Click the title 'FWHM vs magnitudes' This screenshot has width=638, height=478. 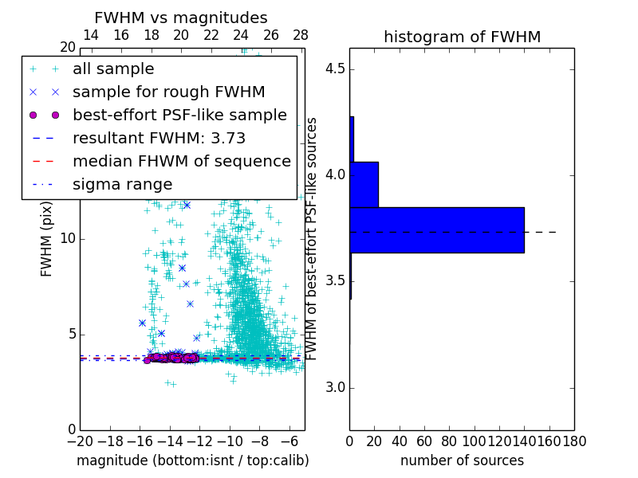181,18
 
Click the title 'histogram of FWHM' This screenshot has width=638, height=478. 462,37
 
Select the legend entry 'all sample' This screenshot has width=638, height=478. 113,69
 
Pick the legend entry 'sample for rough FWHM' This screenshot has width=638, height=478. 168,92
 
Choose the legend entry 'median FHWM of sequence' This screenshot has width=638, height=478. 181,161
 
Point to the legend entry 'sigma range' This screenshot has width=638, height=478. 122,184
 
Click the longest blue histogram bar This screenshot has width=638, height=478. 437,230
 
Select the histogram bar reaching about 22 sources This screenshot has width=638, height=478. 364,184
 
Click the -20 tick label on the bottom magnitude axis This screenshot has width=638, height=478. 80,441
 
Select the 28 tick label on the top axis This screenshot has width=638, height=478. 301,35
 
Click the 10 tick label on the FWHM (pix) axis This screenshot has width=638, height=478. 69,239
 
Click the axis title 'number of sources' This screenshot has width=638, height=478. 462,460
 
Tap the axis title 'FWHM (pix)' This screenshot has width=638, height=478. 47,239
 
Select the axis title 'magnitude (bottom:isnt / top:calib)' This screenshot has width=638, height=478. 192,460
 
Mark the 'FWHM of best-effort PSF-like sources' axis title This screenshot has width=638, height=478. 313,238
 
